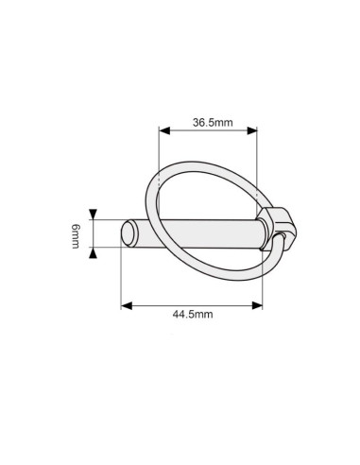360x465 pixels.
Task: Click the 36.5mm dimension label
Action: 213,122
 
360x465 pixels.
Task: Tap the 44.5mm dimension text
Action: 193,314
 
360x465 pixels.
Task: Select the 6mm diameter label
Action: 76,236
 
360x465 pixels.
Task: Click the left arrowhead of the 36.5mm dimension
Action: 164,130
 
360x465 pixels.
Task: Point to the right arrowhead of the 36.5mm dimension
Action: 252,130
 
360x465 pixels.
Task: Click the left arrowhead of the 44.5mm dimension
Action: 127,305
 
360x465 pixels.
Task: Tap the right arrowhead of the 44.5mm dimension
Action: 257,305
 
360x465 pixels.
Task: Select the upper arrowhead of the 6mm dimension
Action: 93,215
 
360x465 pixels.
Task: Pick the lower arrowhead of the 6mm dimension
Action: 93,252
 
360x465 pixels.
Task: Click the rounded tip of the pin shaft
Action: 129,232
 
